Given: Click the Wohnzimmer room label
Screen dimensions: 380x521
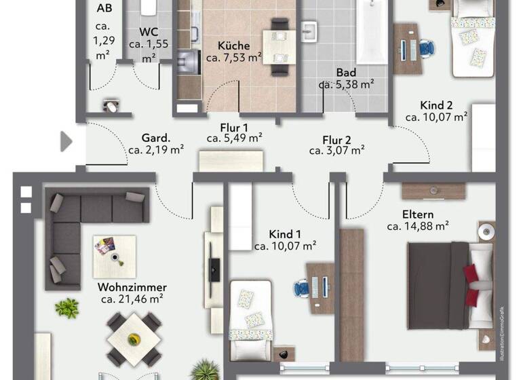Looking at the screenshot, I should pos(132,287).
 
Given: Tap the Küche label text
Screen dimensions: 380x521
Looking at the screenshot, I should pos(233,46).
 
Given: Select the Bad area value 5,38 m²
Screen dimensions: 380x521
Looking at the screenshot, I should pos(347,85).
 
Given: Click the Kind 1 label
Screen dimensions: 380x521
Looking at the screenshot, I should pos(285,234).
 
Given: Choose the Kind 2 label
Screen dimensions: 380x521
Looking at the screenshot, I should pos(436,105).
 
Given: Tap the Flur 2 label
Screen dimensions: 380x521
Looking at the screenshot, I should pos(336,139).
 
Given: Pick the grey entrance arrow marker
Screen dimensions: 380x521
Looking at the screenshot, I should pos(66,141).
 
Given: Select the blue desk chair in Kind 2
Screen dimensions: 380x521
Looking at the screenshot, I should pos(427,48).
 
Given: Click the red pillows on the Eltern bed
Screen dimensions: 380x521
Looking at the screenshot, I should pos(471,275).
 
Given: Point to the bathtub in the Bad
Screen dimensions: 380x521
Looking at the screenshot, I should pos(372,33).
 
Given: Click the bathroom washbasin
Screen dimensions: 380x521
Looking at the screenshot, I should pos(311,31).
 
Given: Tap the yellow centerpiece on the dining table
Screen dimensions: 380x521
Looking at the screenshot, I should pos(134,337).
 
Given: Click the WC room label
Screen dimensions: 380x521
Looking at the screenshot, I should pos(149,32).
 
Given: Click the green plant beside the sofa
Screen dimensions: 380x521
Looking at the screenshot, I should pos(66,309).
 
